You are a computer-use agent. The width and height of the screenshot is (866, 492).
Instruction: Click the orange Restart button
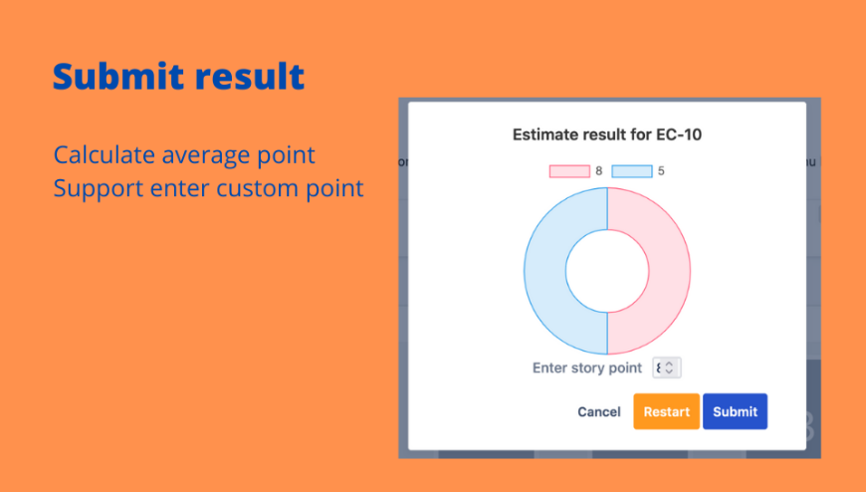pyautogui.click(x=666, y=411)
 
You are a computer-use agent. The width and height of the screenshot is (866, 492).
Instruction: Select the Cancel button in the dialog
pyautogui.click(x=598, y=412)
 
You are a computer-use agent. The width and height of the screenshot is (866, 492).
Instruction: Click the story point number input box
pyautogui.click(x=667, y=368)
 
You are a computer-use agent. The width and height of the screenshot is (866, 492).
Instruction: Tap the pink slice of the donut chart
pyautogui.click(x=669, y=271)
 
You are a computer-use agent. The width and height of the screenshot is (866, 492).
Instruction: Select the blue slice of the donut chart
pyautogui.click(x=545, y=271)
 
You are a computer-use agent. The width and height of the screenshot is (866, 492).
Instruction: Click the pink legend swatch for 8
pyautogui.click(x=569, y=171)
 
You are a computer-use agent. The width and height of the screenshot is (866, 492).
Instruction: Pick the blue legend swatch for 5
pyautogui.click(x=632, y=171)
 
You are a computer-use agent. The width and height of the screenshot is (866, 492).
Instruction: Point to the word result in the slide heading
pyautogui.click(x=250, y=76)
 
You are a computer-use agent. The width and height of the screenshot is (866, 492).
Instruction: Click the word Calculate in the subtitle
pyautogui.click(x=104, y=154)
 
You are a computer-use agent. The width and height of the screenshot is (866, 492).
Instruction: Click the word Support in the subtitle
pyautogui.click(x=98, y=189)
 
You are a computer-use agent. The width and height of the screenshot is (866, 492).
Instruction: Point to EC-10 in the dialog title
pyautogui.click(x=679, y=134)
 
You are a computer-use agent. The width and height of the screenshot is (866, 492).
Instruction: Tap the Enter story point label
pyautogui.click(x=586, y=369)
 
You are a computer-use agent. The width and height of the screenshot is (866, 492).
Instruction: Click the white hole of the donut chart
pyautogui.click(x=607, y=271)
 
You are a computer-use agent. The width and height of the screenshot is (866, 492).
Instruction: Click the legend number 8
pyautogui.click(x=598, y=171)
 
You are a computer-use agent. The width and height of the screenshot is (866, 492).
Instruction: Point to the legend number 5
pyautogui.click(x=661, y=171)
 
